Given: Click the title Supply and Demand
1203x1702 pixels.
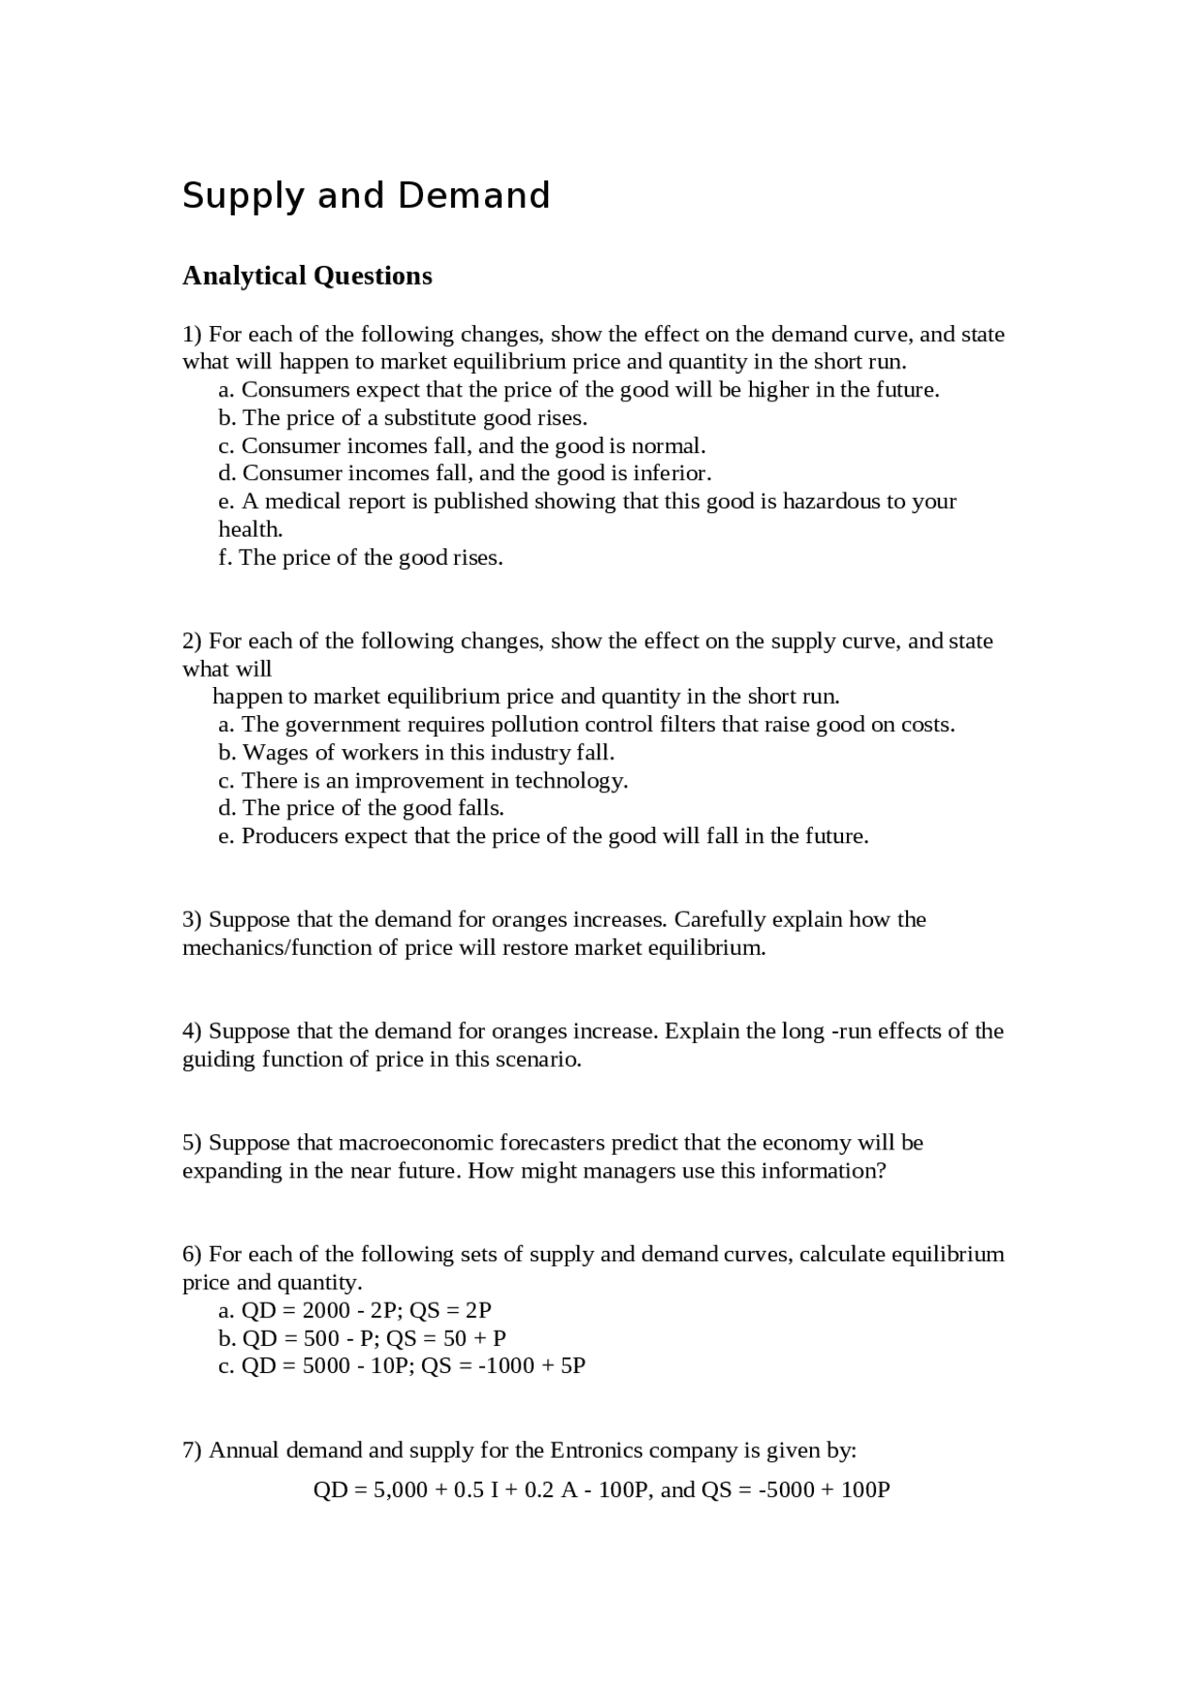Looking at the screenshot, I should click(x=366, y=195).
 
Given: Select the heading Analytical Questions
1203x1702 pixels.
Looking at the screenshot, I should click(x=307, y=275).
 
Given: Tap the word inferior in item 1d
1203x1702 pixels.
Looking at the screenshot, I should click(x=670, y=473).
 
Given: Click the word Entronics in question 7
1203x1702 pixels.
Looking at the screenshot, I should click(x=598, y=1450).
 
